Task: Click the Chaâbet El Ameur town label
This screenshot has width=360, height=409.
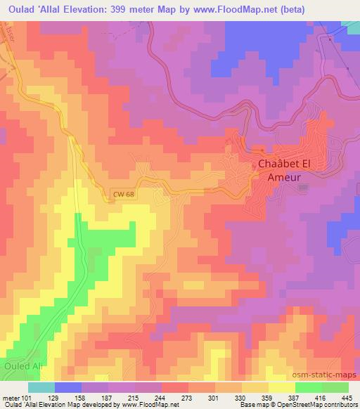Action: point(279,171)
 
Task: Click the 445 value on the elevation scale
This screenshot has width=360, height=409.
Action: point(347,398)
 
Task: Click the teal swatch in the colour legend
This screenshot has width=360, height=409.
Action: point(41,387)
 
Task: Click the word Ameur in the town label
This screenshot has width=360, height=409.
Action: point(284,178)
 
